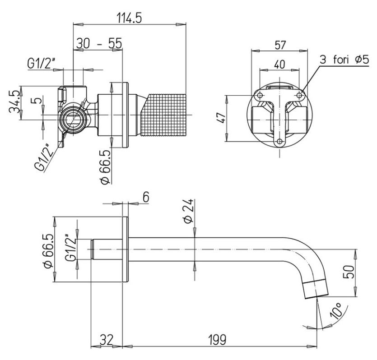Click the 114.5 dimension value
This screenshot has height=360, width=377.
coord(129,18)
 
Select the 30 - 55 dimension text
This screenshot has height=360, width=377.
coord(99,43)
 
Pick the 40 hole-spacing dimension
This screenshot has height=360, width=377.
coord(280,64)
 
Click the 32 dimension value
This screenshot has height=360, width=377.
coord(107,338)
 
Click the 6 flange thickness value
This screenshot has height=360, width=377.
coord(145,197)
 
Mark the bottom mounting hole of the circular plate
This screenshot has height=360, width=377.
coord(280,143)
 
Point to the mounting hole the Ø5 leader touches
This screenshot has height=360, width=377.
coord(300,96)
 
